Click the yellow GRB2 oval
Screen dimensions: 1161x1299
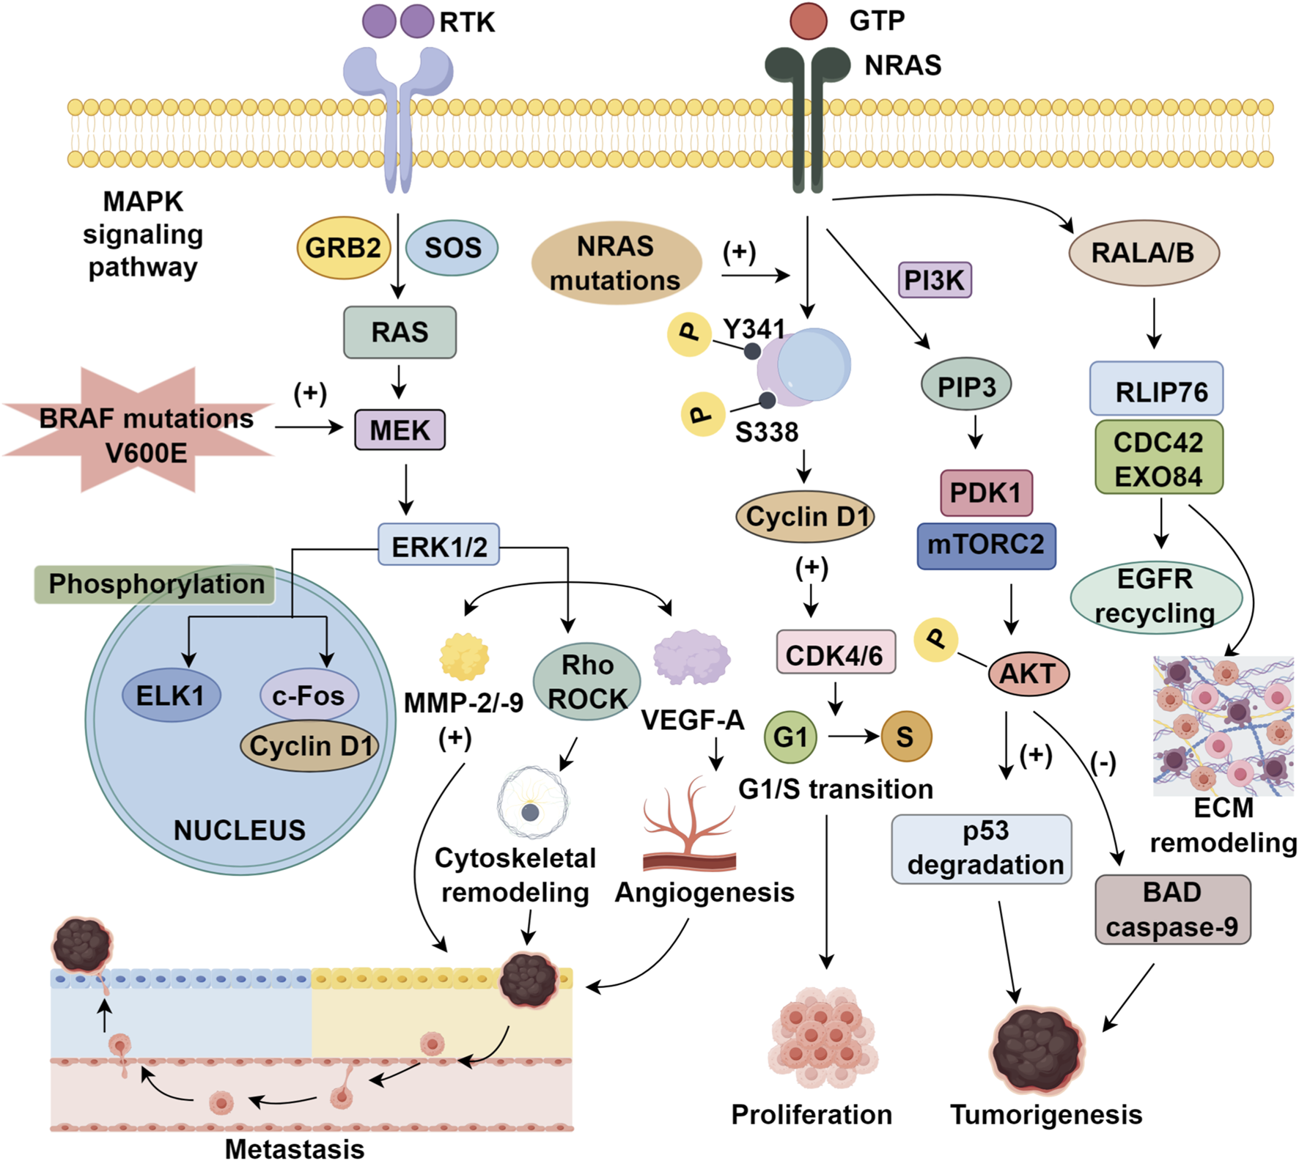342,248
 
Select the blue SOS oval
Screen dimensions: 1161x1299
452,248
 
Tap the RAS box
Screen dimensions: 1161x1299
400,332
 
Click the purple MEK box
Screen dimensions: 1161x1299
400,430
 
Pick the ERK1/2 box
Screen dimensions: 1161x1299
438,545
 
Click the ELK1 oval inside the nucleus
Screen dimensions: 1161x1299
170,694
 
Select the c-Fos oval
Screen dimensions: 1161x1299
309,694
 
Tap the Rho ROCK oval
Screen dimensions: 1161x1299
586,682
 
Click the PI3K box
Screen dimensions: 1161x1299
934,279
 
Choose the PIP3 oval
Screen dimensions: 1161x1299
965,385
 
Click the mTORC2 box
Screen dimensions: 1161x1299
986,545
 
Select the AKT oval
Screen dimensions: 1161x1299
1028,673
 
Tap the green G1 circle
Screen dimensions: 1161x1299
790,736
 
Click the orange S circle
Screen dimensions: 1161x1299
905,736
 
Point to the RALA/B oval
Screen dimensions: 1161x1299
1143,253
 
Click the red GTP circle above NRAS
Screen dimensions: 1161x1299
808,21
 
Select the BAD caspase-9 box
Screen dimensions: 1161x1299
1171,909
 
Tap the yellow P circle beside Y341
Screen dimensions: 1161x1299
689,333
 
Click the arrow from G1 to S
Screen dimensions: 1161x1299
853,736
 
